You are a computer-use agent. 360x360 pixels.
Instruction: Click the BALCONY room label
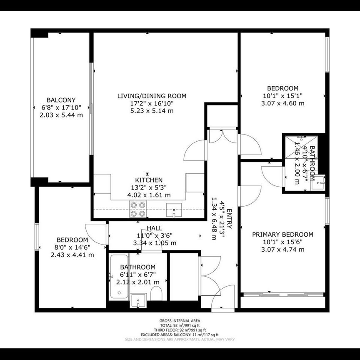click(61, 100)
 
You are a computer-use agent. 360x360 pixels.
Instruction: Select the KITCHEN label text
click(149, 180)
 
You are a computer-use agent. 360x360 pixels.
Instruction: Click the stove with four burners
click(138, 209)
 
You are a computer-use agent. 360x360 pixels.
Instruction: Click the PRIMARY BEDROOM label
click(282, 235)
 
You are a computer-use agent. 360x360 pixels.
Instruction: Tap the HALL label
click(154, 228)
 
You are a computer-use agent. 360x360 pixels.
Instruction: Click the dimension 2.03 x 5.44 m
click(61, 115)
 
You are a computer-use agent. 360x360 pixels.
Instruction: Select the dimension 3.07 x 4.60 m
click(282, 103)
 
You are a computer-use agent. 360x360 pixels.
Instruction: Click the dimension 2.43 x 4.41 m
click(72, 255)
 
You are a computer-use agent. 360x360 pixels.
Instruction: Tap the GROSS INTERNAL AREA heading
click(180, 321)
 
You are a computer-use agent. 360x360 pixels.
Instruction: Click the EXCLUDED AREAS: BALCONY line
click(180, 335)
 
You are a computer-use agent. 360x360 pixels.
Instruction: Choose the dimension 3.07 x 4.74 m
click(282, 250)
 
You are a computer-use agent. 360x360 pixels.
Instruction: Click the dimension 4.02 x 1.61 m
click(149, 195)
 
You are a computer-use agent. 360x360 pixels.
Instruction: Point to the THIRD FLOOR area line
click(180, 330)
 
